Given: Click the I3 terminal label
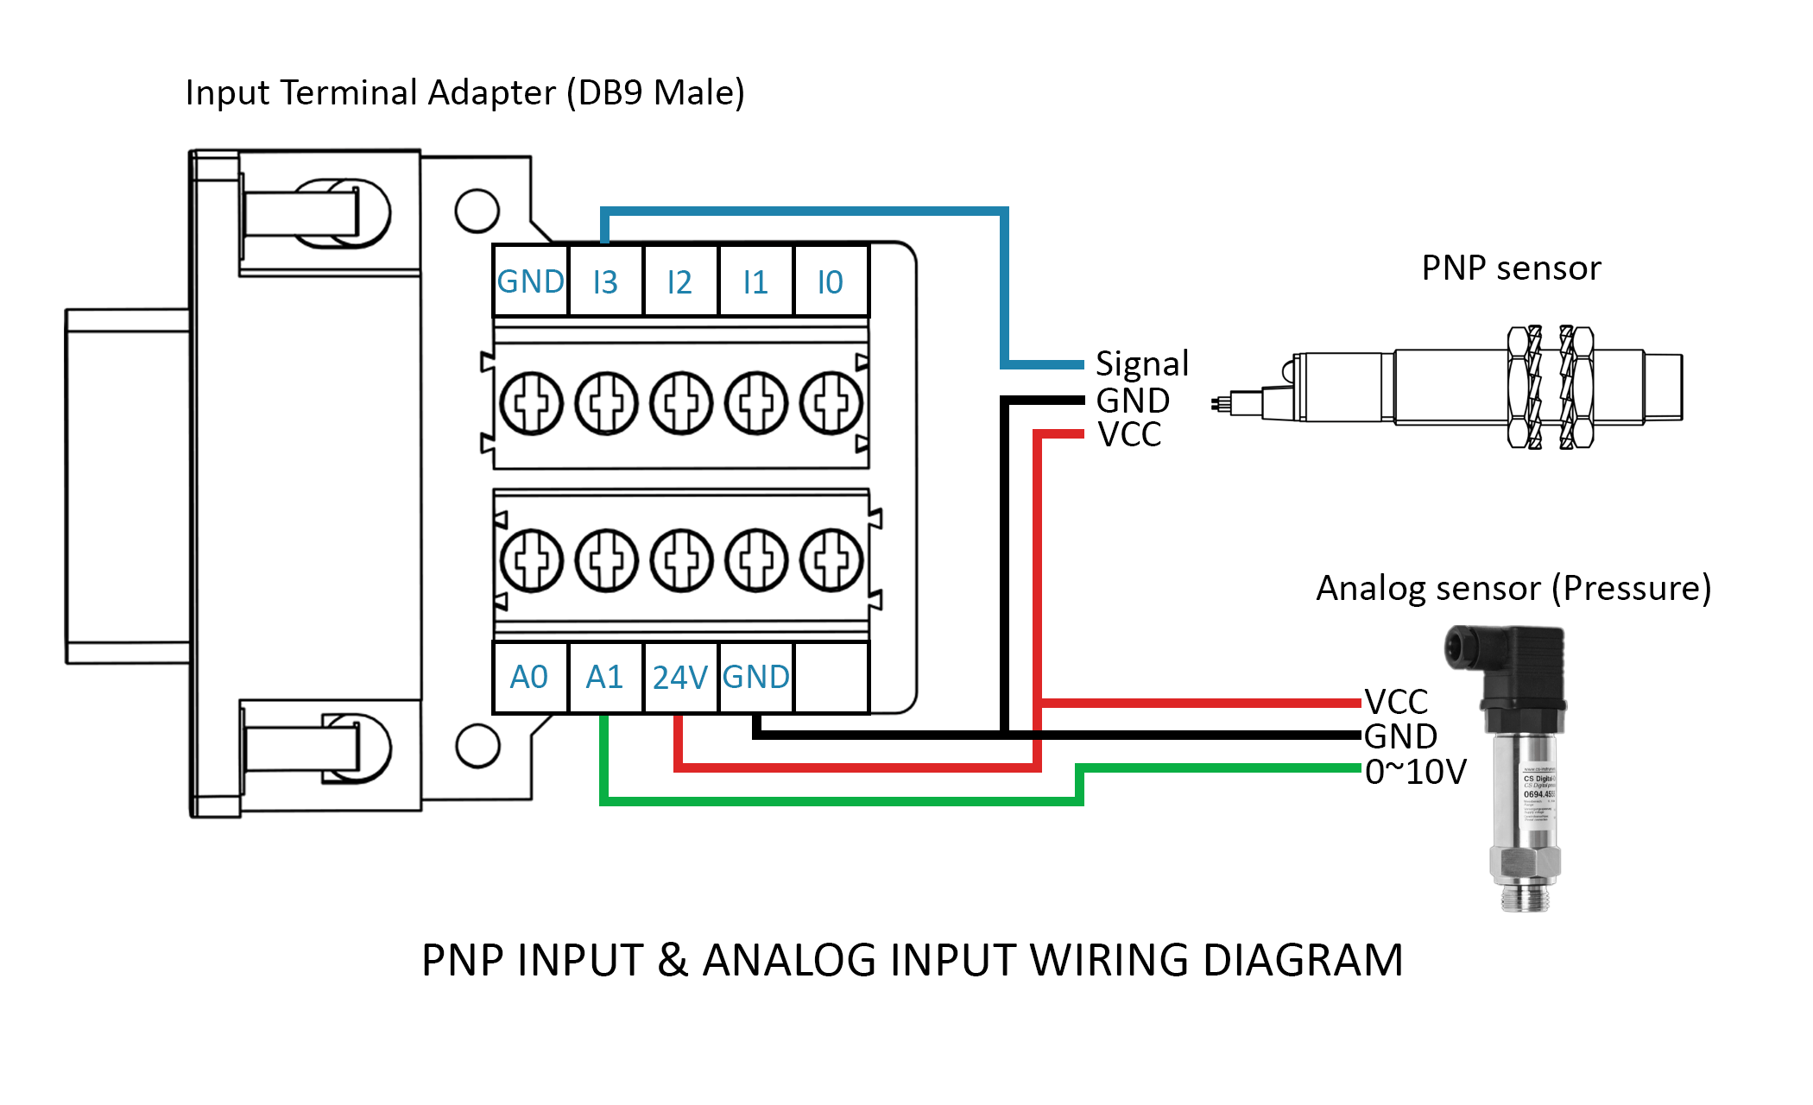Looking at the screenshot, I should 605,282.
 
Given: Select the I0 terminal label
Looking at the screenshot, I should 830,282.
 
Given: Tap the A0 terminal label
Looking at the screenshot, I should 529,678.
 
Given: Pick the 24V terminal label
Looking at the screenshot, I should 679,678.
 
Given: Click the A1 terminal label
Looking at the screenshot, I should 604,678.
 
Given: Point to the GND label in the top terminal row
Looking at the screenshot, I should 530,282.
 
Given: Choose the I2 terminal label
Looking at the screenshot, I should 679,282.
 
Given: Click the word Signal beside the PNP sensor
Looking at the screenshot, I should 1141,364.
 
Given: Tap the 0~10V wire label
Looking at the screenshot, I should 1415,772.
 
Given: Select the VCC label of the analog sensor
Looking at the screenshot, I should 1396,701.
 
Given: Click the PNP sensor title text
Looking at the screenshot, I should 1511,268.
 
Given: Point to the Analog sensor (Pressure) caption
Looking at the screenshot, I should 1513,589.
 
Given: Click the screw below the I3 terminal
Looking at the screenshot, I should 606,403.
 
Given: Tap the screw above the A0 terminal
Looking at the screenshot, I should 531,560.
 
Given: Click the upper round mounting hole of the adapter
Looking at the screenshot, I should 477,211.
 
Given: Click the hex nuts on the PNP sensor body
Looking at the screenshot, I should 1551,387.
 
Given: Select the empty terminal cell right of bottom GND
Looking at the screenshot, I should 831,678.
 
